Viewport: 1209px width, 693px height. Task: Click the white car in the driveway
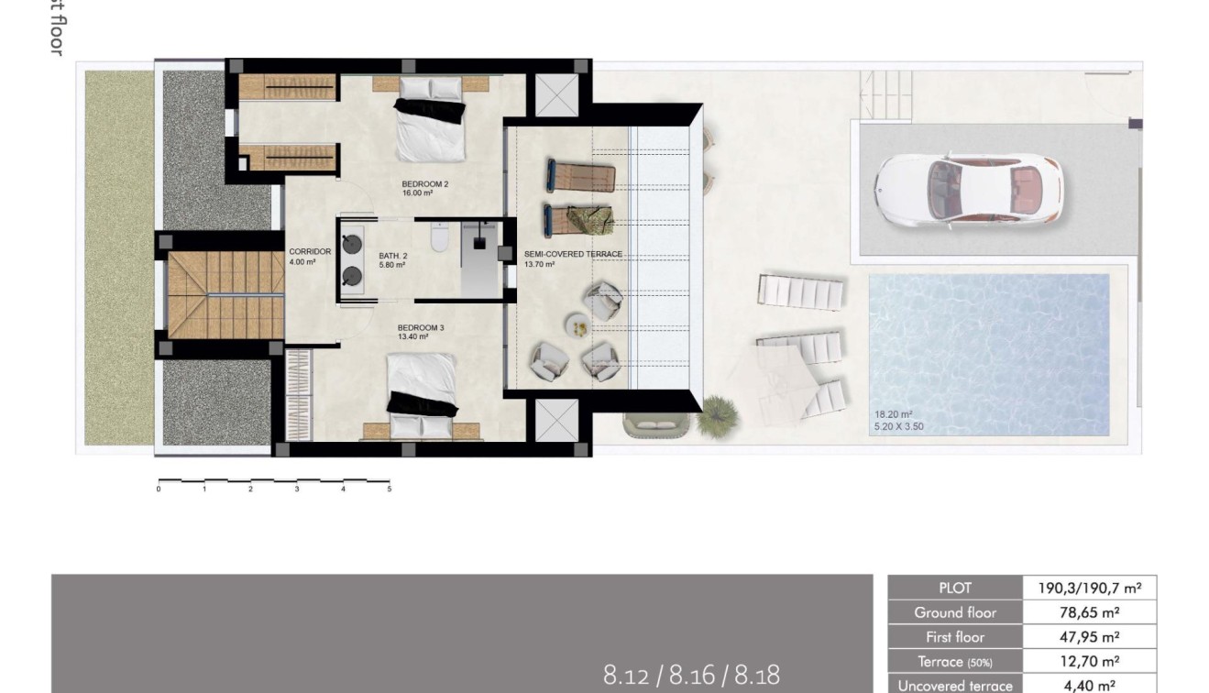968,190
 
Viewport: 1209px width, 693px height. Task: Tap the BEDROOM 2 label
424,184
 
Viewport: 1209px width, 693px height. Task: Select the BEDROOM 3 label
420,327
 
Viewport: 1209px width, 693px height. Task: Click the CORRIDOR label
310,252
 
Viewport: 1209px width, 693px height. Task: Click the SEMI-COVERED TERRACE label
573,254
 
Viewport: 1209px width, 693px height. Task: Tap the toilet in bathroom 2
439,238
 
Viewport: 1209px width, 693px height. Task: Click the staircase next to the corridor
225,293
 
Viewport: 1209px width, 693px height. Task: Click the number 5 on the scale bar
390,489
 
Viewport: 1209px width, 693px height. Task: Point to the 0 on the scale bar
159,489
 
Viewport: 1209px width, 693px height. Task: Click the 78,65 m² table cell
1090,612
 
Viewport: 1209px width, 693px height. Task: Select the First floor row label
954,637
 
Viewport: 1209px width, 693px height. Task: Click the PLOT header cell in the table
954,588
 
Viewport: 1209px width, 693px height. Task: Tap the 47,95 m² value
1090,637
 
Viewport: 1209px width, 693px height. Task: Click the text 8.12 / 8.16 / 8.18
691,676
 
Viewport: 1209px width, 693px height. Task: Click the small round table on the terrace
577,324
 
